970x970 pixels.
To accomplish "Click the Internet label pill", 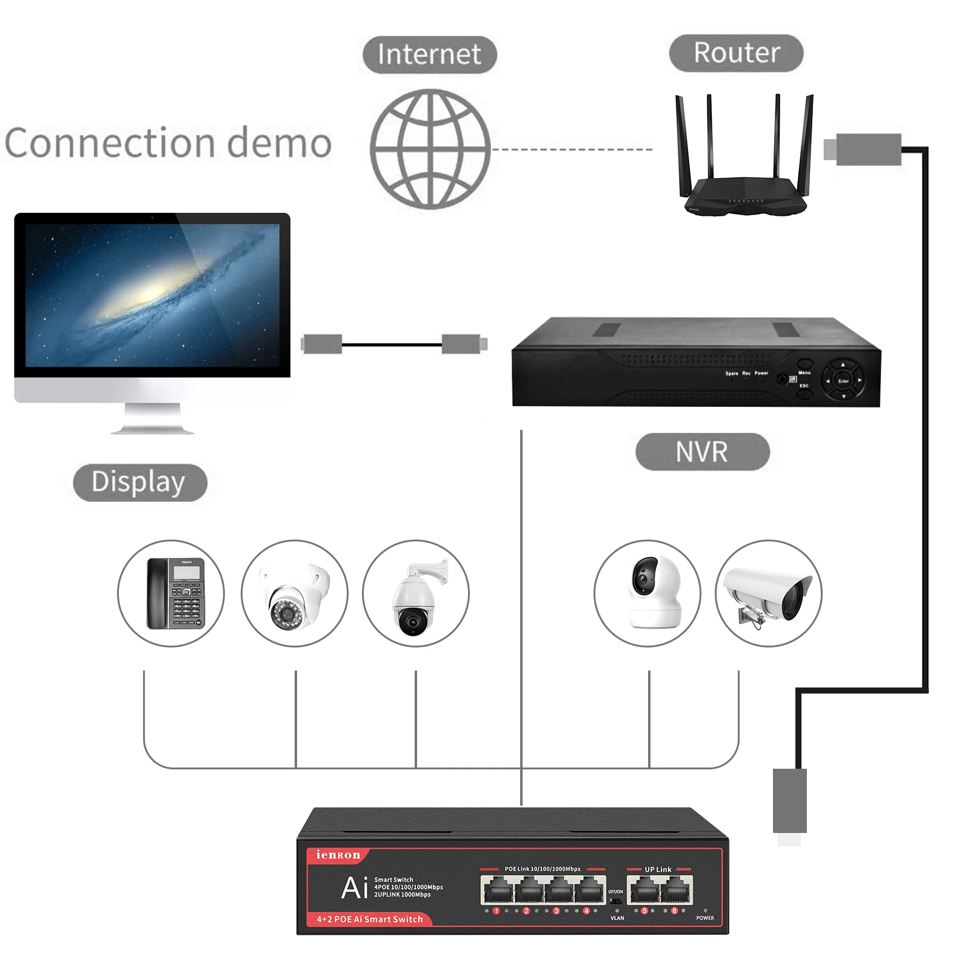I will click(x=429, y=55).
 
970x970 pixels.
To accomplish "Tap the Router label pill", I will click(x=736, y=53).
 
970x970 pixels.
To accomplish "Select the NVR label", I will click(x=702, y=452).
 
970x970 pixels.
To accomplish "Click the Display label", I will click(x=139, y=483).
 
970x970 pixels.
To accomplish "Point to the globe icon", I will click(x=430, y=149).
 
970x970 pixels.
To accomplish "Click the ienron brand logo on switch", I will click(x=338, y=855).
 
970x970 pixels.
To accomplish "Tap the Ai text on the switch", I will click(x=355, y=888).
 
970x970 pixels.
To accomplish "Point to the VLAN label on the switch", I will click(x=617, y=918).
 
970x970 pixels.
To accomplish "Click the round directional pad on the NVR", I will click(x=843, y=381).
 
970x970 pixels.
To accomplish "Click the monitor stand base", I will click(x=152, y=429).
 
